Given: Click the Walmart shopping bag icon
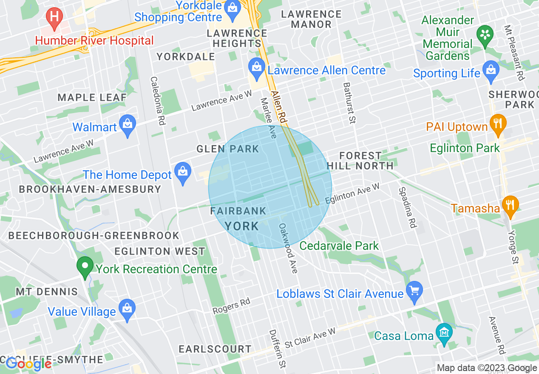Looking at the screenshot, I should (x=128, y=125).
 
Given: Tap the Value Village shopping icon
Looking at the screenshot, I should (x=127, y=308).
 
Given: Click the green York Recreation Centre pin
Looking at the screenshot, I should (x=85, y=266).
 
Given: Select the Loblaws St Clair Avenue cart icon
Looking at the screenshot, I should (x=414, y=291).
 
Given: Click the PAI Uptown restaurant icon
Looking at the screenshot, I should (x=497, y=124).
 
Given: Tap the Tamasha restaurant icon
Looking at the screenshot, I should (x=510, y=205).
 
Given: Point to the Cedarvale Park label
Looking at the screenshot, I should (x=339, y=246).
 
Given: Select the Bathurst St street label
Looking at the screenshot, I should (x=349, y=103).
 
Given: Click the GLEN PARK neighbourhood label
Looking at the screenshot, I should (x=227, y=149).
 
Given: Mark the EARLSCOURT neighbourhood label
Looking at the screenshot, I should (x=215, y=349).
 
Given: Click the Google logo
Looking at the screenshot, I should (x=28, y=364).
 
